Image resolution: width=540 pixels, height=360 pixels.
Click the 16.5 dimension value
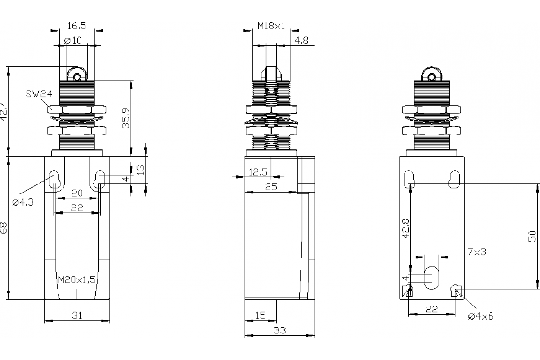76,26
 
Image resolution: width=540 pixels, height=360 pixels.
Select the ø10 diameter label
73,40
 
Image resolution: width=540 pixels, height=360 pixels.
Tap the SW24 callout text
39,94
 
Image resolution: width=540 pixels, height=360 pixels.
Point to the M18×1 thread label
271,26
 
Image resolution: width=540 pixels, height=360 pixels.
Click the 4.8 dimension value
301,40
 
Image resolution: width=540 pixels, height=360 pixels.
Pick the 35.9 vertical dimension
126,118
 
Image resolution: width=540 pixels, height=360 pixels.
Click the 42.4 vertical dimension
4,111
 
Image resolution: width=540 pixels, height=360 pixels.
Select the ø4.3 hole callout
23,202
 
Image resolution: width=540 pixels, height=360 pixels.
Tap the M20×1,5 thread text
77,280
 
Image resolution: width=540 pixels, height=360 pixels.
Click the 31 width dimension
77,315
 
